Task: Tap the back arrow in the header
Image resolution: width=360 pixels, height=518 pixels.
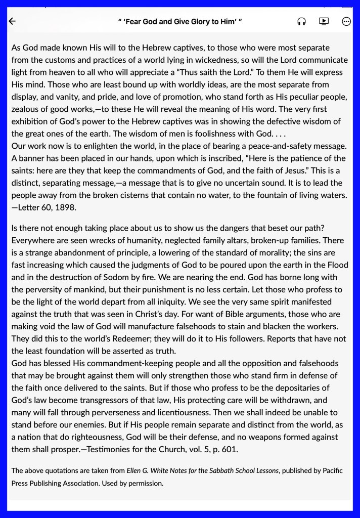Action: (x=13, y=21)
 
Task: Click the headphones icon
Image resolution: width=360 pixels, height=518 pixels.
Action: (x=301, y=21)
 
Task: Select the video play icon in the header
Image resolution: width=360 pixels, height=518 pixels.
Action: (x=324, y=21)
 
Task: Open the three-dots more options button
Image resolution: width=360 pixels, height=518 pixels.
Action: (x=346, y=21)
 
